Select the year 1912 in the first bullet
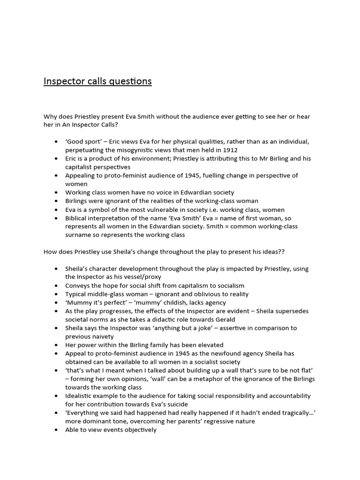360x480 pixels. pos(230,150)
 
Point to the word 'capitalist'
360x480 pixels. pos(81,167)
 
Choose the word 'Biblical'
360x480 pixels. pos(78,218)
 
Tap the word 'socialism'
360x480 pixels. pos(229,285)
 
